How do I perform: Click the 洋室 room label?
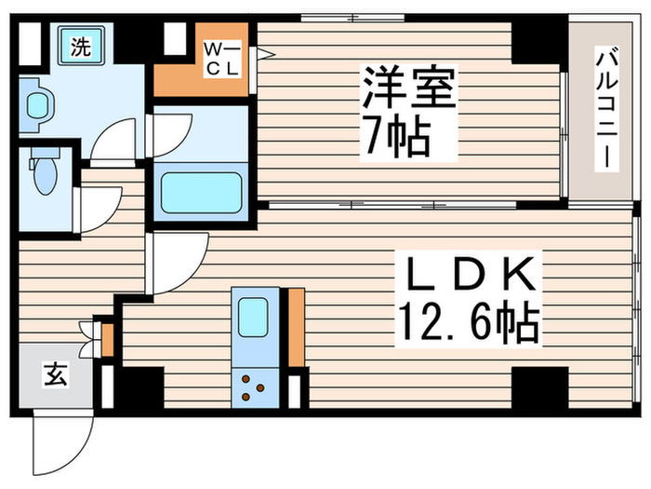409,91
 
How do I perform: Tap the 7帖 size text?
396,140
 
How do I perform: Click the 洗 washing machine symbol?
82,48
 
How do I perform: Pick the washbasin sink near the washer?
37,105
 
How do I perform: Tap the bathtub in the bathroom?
200,192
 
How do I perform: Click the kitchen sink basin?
253,319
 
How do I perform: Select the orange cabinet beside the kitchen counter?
296,326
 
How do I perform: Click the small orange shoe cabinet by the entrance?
107,339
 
